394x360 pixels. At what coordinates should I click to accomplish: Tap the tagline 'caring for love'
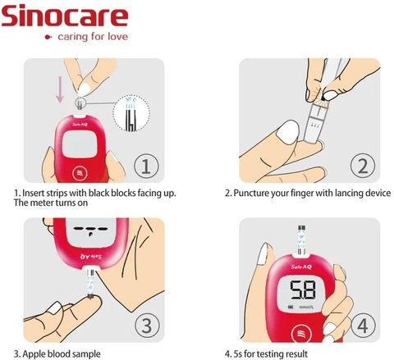click(x=93, y=37)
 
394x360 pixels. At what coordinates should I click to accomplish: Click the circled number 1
click(x=146, y=166)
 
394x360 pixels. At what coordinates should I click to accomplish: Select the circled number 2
click(x=363, y=166)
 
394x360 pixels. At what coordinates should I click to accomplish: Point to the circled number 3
click(x=147, y=326)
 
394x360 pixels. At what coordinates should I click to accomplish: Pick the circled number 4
click(x=363, y=326)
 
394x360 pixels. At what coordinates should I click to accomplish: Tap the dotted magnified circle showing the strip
click(x=132, y=113)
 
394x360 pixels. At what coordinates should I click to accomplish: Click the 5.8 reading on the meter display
click(x=303, y=290)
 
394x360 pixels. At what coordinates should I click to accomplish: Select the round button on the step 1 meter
click(x=80, y=173)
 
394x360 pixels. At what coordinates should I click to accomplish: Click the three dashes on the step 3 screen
click(x=90, y=229)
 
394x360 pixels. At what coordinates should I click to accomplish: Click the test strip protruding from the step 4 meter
click(x=301, y=240)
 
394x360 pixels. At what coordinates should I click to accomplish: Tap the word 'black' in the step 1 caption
click(x=98, y=193)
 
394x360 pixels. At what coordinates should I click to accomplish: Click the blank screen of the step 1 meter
click(x=80, y=144)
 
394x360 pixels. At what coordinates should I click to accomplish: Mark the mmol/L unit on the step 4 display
click(x=306, y=308)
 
